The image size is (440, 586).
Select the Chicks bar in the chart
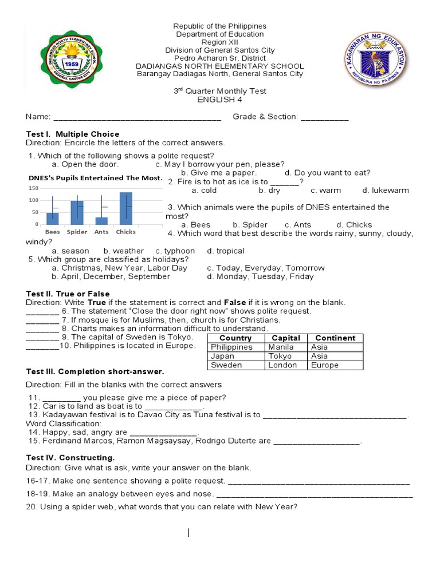(x=125, y=208)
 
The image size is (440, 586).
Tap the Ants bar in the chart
(x=101, y=220)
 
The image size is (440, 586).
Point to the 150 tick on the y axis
(x=33, y=188)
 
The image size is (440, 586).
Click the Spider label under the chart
(x=77, y=232)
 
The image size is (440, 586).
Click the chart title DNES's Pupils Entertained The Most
(x=96, y=178)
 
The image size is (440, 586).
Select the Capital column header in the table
(x=285, y=338)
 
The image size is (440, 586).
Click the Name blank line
(x=137, y=117)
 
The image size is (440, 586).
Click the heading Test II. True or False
(x=68, y=294)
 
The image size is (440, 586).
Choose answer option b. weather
(x=123, y=251)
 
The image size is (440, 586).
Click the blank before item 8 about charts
(x=42, y=329)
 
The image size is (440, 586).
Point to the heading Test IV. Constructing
(x=70, y=457)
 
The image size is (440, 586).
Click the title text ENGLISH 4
(x=220, y=100)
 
